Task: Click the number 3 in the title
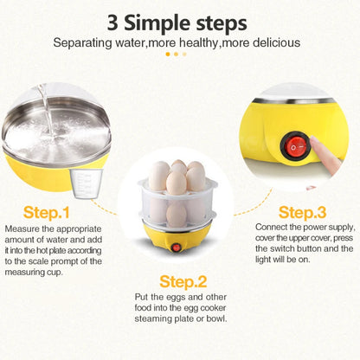coord(114,21)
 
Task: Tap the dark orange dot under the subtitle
coord(169,54)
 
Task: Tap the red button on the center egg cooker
coord(177,247)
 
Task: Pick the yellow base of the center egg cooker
coord(179,243)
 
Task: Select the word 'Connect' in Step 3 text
coord(275,227)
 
